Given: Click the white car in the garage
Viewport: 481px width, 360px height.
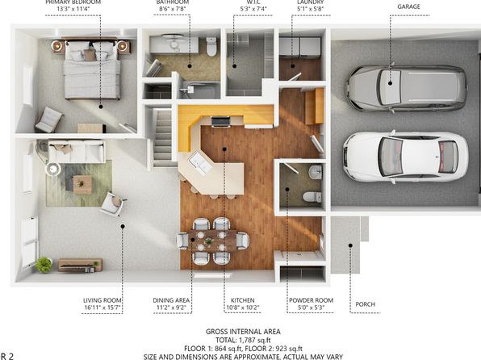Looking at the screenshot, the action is pos(405,157).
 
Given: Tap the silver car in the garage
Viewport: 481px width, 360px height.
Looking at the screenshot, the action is pos(407,88).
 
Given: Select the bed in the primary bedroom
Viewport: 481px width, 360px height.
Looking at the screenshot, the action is pos(91,68).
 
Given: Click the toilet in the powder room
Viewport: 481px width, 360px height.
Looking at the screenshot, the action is pos(312,197).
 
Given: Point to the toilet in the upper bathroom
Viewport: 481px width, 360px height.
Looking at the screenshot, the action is pos(211,47).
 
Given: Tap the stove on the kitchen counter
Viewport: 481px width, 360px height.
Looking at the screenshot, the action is pos(220,122).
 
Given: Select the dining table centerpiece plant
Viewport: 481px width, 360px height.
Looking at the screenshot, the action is pos(209,241).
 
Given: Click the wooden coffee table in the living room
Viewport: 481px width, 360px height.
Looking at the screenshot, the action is pos(82,185).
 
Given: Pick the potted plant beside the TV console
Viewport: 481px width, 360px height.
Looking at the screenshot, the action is pos(44,265).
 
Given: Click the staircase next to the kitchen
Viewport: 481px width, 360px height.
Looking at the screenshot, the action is pos(162,138).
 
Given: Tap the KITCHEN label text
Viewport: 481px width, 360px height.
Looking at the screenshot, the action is pos(242,300).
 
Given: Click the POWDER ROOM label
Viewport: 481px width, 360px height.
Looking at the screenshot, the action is pos(311,300).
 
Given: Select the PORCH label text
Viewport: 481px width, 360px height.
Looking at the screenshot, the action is pos(365,304).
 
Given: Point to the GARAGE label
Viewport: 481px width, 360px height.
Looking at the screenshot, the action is pos(408,6).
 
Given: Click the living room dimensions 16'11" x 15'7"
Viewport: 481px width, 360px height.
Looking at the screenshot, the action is pos(102,308).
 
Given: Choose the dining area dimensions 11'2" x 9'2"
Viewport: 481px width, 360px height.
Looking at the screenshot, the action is pos(171,308).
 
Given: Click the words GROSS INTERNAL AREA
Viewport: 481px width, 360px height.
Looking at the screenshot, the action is pos(243,332).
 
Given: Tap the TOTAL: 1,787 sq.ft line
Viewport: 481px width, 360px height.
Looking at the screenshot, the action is pos(243,340).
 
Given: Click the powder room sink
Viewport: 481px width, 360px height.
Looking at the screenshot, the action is pos(316,172).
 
